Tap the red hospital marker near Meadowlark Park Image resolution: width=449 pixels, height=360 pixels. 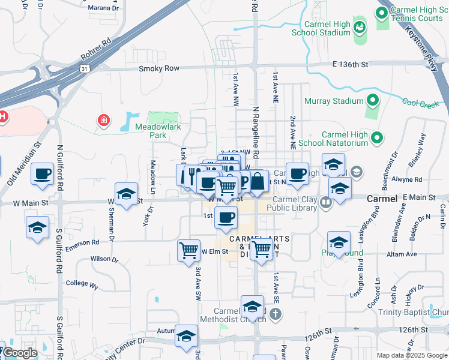104,121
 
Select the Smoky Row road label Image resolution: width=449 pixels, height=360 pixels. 159,68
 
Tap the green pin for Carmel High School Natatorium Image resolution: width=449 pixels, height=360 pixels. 377,138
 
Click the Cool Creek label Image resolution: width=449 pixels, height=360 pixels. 421,104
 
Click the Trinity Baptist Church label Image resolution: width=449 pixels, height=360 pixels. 414,312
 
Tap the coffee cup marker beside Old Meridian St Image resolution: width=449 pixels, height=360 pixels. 43,174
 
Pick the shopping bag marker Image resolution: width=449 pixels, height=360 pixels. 258,181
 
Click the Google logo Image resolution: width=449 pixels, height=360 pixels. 20,353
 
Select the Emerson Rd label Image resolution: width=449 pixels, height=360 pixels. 82,242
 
